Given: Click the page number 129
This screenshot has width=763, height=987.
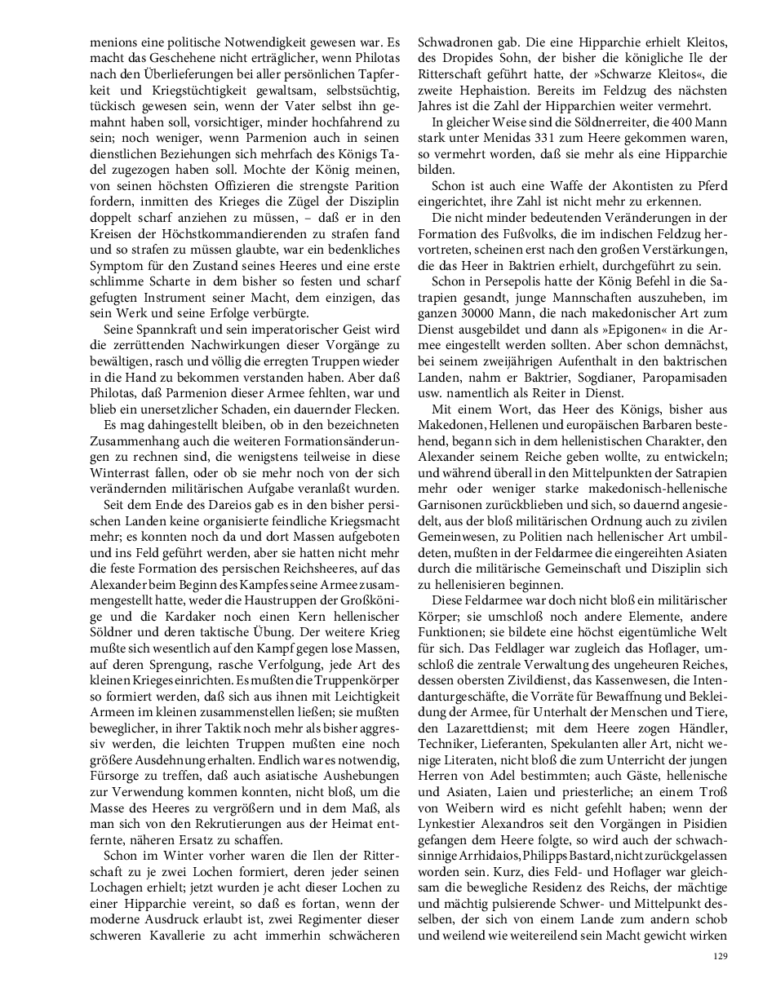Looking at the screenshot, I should click(x=719, y=957).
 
